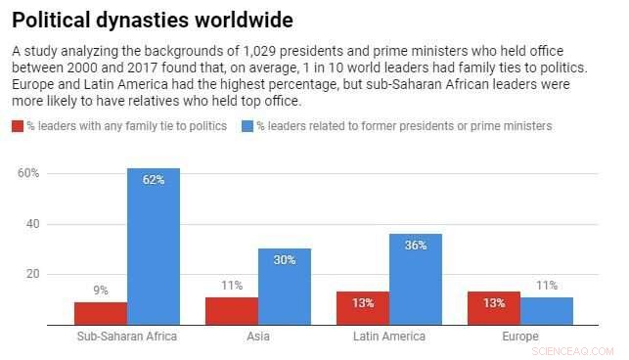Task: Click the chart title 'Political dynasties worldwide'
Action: tap(152, 20)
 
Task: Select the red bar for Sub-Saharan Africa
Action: tap(101, 313)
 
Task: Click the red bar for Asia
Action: tap(232, 311)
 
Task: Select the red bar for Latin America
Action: tap(363, 308)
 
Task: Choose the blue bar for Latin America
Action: tap(416, 279)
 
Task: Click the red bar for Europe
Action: tap(494, 308)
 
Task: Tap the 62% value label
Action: tap(154, 180)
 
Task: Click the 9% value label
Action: tap(101, 291)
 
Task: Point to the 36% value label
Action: tap(416, 246)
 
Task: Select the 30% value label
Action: tap(285, 260)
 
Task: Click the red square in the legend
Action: tap(18, 126)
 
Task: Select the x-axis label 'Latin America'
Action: tap(389, 337)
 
